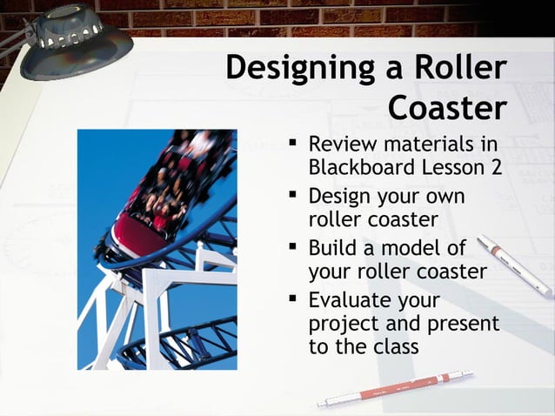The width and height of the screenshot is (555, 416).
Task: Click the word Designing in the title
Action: pos(298,68)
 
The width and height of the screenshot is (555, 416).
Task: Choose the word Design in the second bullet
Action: pos(344,197)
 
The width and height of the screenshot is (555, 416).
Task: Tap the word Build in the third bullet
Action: pos(334,249)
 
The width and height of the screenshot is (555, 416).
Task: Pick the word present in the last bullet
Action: pos(460,324)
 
